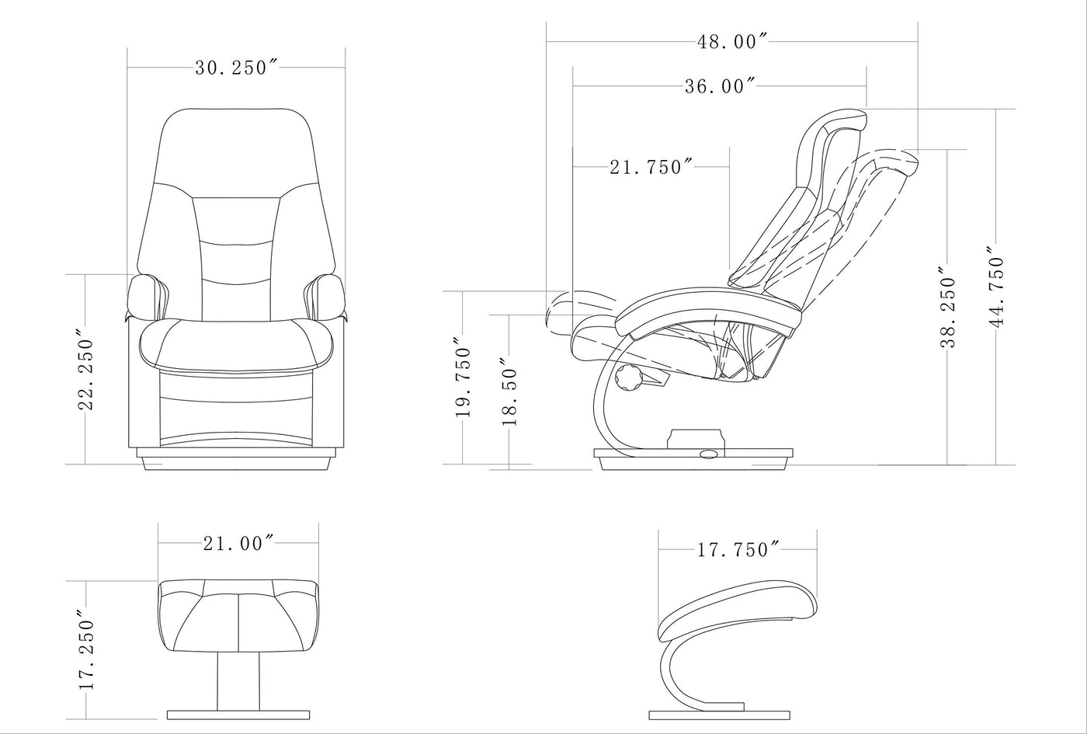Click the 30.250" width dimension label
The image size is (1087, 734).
click(x=236, y=68)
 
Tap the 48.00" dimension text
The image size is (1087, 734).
click(x=732, y=42)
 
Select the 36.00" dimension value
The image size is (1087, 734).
click(x=720, y=86)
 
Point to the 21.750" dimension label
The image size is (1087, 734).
click(x=651, y=167)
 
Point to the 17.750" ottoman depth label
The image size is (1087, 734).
click(x=738, y=551)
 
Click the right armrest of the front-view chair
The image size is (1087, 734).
click(x=327, y=297)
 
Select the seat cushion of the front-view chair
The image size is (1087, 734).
click(x=236, y=346)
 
